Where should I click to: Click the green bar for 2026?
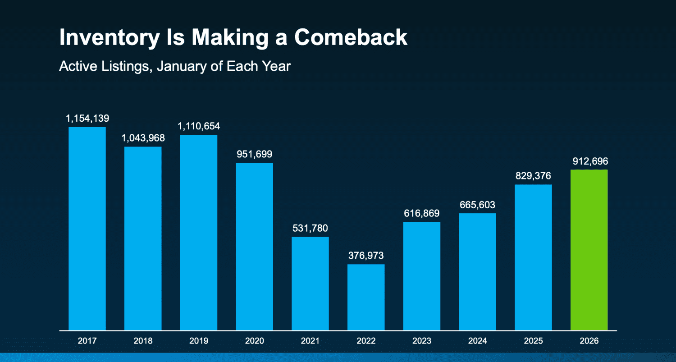coord(589,250)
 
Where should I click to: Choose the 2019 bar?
coord(199,232)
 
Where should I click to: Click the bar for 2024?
coord(477,271)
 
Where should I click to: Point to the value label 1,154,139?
coord(87,119)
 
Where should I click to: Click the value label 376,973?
coord(366,256)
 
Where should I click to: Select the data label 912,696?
coord(589,161)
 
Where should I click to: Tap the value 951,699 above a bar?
coord(255,154)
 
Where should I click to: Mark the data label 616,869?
coord(422,213)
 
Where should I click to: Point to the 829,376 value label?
coord(533,176)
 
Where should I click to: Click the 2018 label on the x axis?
coord(143,341)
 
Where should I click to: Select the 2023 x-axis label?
coord(422,341)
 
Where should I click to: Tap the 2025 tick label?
coord(533,341)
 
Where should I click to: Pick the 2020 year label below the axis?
coord(255,341)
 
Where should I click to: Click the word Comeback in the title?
coord(351,37)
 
